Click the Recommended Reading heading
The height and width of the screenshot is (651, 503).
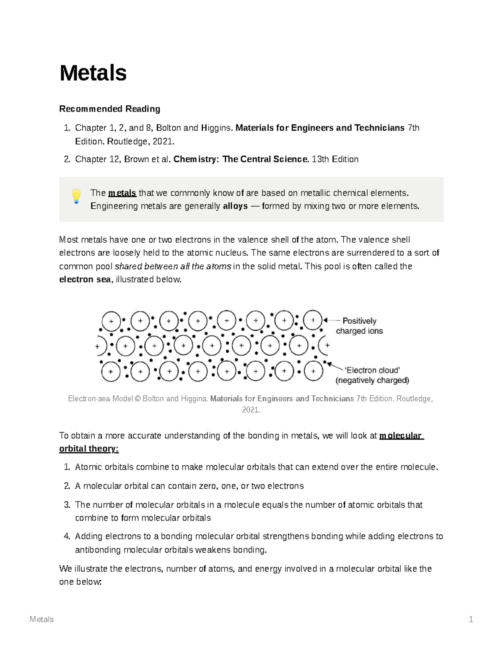pos(109,109)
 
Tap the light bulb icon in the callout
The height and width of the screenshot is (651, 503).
pos(76,196)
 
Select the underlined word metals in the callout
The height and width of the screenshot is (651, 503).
pos(122,193)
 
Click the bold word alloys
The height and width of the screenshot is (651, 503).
pos(235,206)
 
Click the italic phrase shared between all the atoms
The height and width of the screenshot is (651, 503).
pos(173,266)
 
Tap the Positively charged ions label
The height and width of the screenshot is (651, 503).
pos(359,326)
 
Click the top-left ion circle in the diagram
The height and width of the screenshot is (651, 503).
pos(111,321)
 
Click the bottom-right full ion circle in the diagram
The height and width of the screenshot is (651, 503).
pos(313,371)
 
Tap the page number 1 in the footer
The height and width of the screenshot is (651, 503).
pos(471,619)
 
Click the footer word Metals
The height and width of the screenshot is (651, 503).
pos(41,619)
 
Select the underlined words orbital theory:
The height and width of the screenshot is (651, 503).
pos(89,449)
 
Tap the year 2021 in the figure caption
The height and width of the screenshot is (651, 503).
pos(251,410)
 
